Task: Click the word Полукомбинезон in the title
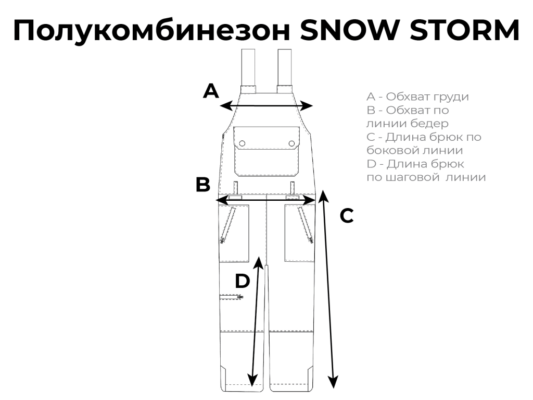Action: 151,31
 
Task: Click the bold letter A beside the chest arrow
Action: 211,91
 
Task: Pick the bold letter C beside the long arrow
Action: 347,216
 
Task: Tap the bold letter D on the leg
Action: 243,281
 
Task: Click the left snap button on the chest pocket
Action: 242,143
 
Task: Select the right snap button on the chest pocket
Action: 291,143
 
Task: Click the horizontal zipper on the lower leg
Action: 231,297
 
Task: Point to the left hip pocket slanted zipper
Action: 228,225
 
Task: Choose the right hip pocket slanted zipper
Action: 306,225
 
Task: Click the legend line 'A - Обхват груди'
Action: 417,97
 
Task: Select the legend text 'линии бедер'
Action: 407,124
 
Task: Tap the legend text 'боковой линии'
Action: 415,150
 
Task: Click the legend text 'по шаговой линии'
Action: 426,177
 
